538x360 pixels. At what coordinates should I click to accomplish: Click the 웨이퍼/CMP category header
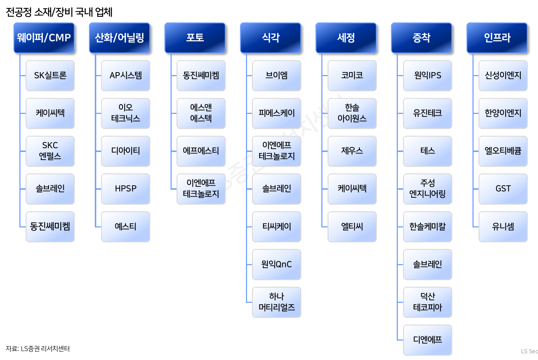click(44, 38)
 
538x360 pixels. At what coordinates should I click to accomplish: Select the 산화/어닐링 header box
click(120, 38)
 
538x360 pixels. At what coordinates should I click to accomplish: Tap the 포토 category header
click(195, 38)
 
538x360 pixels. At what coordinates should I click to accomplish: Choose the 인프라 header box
click(497, 38)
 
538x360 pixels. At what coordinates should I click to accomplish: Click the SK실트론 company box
click(50, 75)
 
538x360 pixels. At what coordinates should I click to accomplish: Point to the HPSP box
click(126, 189)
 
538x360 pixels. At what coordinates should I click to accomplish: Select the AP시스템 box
click(126, 75)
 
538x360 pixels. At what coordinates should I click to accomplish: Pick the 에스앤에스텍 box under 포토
click(201, 113)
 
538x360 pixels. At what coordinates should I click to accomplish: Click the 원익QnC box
click(277, 264)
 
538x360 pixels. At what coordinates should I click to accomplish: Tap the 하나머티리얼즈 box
click(277, 302)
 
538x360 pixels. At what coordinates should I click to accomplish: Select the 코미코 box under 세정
click(352, 75)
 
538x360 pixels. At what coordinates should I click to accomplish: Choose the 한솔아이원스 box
click(352, 113)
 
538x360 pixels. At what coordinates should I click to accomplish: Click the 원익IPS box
click(427, 75)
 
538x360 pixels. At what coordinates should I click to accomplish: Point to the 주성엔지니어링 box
click(427, 189)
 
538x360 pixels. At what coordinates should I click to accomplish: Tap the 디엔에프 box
click(427, 339)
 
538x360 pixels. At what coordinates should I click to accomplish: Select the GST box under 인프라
click(503, 189)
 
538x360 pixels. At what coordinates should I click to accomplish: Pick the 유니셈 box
click(503, 226)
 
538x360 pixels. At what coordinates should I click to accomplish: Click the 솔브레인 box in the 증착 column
click(427, 264)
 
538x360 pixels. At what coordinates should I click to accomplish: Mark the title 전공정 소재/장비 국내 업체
click(59, 12)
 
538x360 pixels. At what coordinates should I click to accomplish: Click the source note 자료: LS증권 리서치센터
click(38, 349)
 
